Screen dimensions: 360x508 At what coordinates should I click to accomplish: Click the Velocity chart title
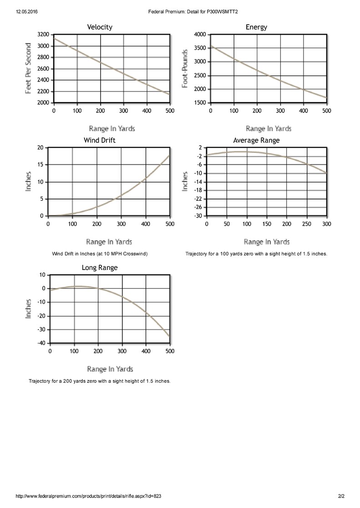pos(100,27)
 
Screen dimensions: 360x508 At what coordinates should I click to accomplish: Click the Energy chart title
pos(256,27)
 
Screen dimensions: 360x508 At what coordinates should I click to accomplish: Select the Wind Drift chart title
pos(100,140)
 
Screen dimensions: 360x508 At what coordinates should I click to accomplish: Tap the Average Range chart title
pos(256,140)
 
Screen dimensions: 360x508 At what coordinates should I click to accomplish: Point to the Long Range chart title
pos(100,268)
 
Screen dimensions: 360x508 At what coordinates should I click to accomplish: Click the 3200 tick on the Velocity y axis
pos(43,35)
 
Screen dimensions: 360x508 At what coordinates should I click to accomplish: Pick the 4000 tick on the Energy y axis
pos(200,35)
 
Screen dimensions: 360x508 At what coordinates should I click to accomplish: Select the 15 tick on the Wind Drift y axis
pos(41,165)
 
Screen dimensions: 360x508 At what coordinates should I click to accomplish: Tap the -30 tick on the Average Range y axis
pos(198,216)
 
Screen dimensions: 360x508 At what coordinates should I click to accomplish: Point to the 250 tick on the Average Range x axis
pos(307,224)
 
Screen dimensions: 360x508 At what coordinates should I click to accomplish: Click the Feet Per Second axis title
pos(29,68)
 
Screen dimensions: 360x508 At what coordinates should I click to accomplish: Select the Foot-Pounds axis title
pos(185,68)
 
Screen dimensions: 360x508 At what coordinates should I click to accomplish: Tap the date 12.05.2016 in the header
pos(26,12)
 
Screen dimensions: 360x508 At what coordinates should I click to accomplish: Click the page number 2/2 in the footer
pos(341,496)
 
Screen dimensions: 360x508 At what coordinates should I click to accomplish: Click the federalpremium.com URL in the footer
pos(88,496)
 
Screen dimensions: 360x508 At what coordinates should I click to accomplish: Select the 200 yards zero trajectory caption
pos(100,381)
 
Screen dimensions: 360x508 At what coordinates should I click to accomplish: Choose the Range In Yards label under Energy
pos(269,129)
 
